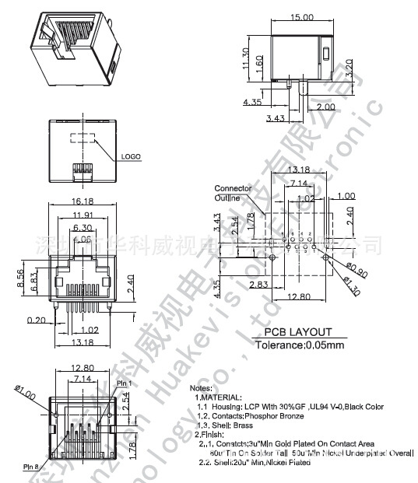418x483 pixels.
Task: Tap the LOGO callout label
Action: pyautogui.click(x=131, y=156)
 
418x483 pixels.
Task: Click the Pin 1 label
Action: pyautogui.click(x=125, y=383)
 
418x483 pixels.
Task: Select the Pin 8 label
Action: pyautogui.click(x=31, y=467)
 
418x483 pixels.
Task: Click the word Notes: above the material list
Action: pyautogui.click(x=201, y=387)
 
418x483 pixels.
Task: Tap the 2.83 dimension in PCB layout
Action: pyautogui.click(x=238, y=285)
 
